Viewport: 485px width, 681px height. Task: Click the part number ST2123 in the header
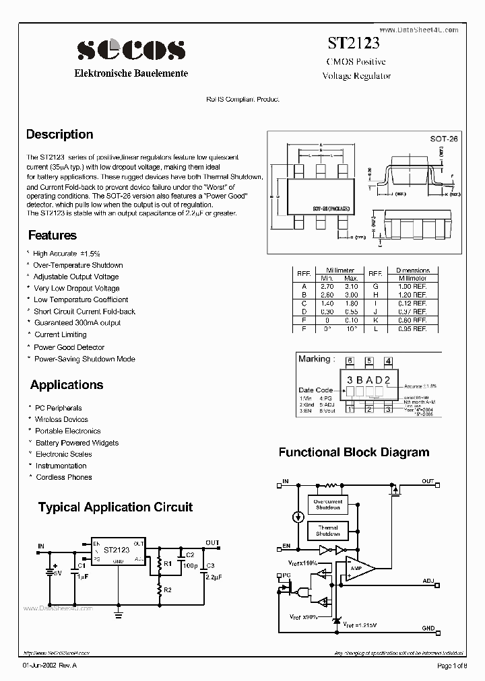(x=354, y=44)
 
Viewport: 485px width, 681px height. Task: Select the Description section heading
(x=60, y=135)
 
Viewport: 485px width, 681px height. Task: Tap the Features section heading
(x=53, y=236)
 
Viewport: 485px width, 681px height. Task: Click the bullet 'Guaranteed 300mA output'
(x=77, y=323)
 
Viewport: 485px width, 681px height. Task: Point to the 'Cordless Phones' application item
(x=64, y=477)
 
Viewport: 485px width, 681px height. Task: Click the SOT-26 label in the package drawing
(x=444, y=139)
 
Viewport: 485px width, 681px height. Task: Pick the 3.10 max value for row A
(x=351, y=286)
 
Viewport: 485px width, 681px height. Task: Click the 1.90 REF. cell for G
(x=412, y=286)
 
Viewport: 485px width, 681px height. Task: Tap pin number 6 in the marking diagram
(x=351, y=361)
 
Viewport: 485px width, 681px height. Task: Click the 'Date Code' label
(x=315, y=390)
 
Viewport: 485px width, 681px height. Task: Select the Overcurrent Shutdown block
(x=328, y=505)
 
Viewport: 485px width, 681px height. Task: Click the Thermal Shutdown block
(x=328, y=532)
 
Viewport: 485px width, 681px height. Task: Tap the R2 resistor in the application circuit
(x=160, y=590)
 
